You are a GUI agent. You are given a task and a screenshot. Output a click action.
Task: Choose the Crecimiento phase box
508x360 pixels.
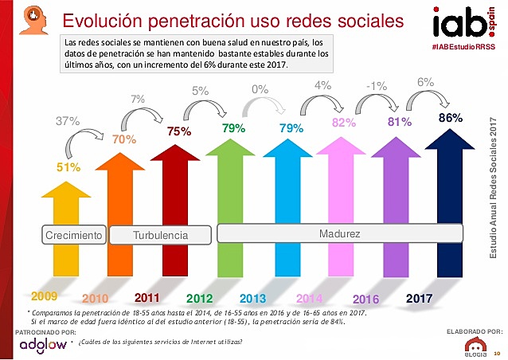point(74,235)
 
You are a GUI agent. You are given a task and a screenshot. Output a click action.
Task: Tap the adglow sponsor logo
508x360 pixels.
point(42,344)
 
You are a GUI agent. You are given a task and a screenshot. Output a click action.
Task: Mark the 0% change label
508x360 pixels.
point(259,90)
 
